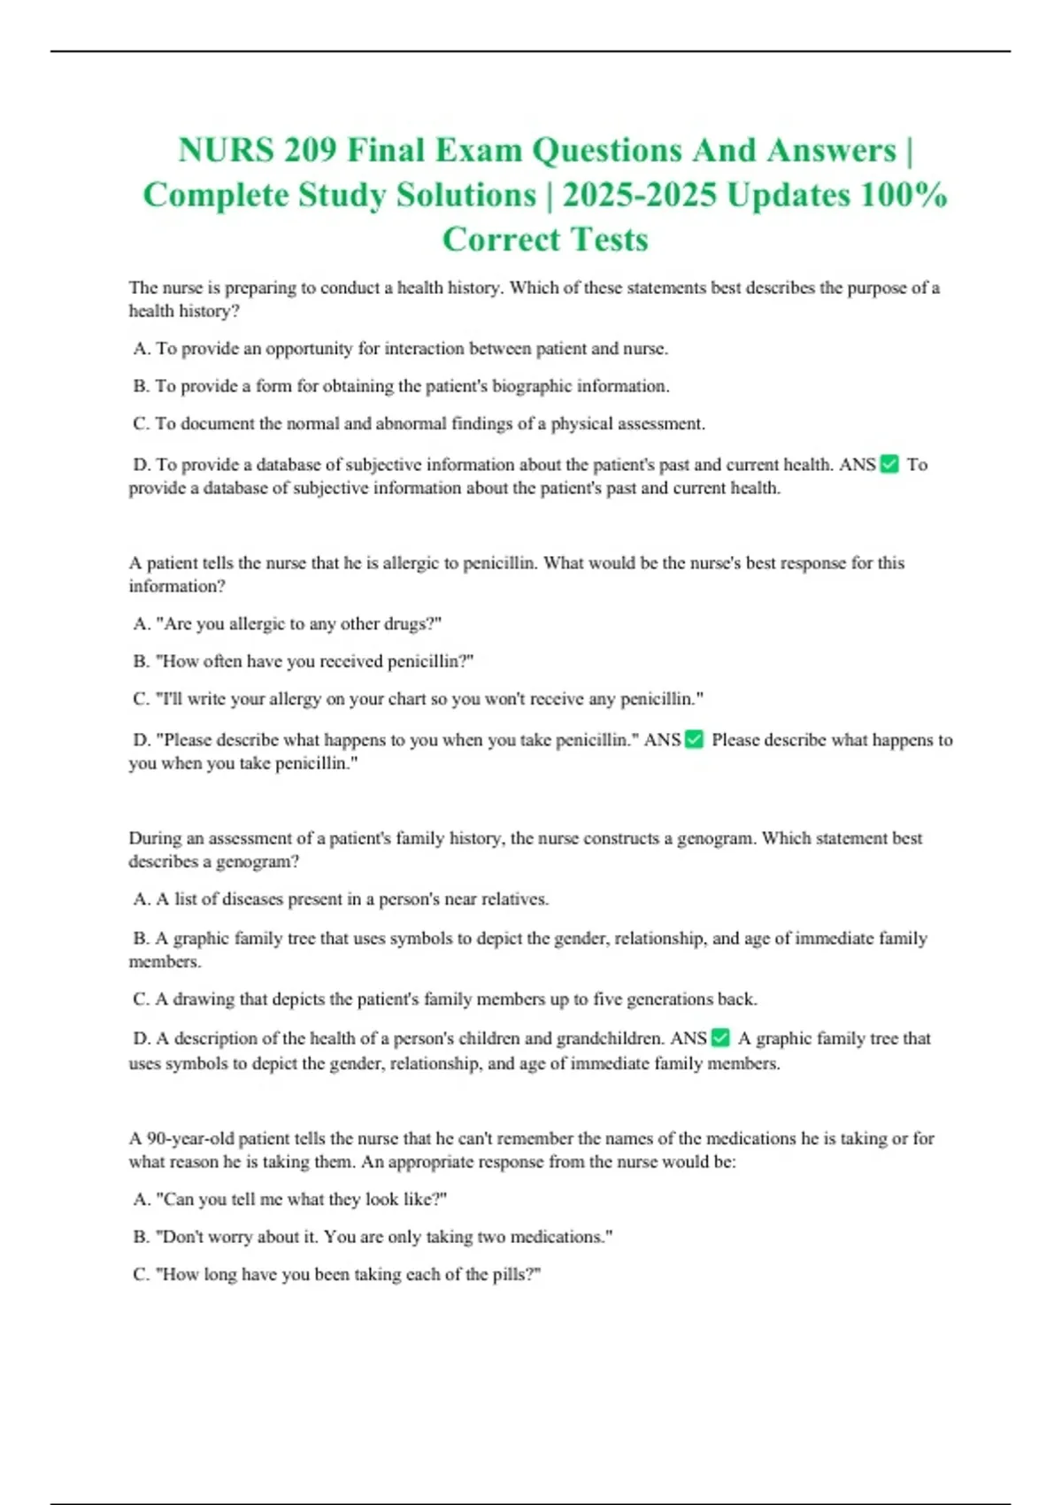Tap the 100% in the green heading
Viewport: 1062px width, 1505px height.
tap(904, 195)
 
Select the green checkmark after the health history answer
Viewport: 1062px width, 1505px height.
tap(890, 464)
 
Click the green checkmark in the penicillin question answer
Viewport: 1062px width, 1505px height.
tap(695, 739)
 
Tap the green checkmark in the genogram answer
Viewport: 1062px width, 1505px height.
tap(721, 1038)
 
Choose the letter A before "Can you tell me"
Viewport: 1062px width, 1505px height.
tap(141, 1199)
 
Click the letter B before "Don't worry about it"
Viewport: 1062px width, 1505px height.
tap(141, 1237)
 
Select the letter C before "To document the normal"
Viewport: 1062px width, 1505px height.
tap(141, 423)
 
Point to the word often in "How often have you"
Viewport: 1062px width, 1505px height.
tap(222, 661)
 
